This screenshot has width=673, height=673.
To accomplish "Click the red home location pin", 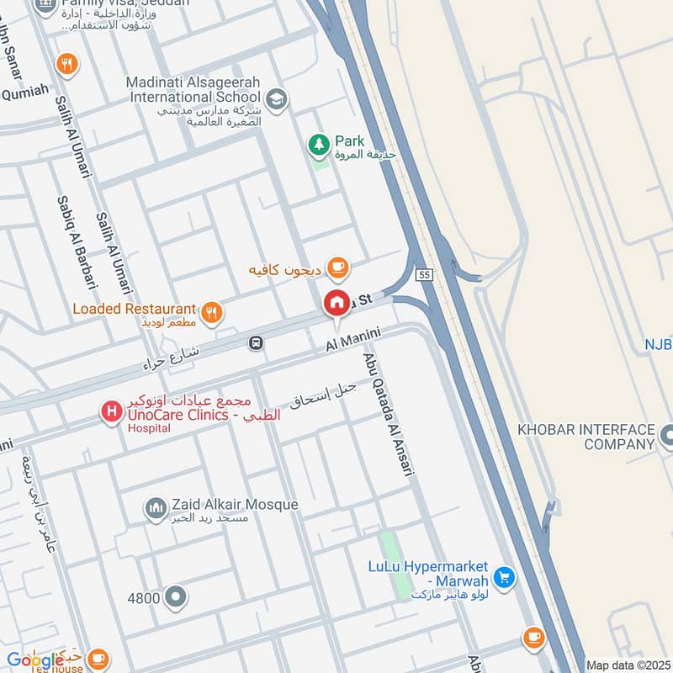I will (x=337, y=303).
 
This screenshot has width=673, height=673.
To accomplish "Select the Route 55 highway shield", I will (x=424, y=274).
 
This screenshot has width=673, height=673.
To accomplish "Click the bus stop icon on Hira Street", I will (x=256, y=343).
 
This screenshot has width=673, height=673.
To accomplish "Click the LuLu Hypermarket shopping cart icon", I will (x=503, y=576).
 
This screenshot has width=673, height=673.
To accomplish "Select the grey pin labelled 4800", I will (x=176, y=597).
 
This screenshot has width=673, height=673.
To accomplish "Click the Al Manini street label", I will (x=354, y=341).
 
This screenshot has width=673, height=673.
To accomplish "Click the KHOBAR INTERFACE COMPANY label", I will (x=586, y=436).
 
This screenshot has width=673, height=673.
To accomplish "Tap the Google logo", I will (x=35, y=660).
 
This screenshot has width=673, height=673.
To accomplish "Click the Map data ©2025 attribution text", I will (x=626, y=665).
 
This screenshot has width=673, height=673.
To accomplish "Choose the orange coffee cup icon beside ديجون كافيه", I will (x=338, y=268).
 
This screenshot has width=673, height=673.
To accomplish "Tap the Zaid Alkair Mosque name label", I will (x=234, y=505).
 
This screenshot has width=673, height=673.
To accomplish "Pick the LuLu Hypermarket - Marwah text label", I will (x=428, y=574).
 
